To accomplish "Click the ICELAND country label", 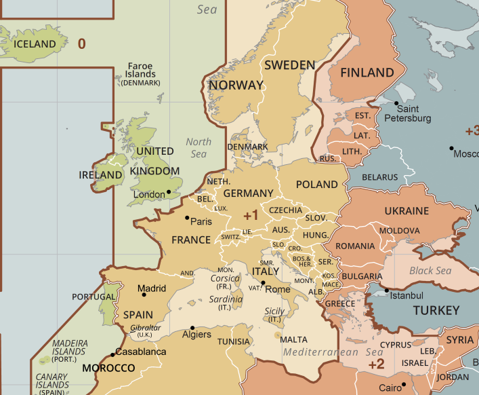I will point(35,44).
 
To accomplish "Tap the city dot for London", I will point(169,192).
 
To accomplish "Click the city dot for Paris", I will point(187,218).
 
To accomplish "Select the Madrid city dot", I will point(143,295).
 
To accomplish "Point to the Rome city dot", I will point(263,282).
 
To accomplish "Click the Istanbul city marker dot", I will point(387,291).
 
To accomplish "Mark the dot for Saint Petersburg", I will point(397,103).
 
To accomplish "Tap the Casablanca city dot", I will point(112,355).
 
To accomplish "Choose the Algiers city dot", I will point(192,328).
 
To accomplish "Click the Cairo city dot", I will point(403,385).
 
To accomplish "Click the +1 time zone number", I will point(251,216).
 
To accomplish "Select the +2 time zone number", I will point(377,364).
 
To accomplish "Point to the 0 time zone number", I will point(82,44).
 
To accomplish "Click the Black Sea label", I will point(430,271).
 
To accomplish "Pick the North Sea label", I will point(199,148).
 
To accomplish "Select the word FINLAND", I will point(367,73).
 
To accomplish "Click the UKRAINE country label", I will point(407,211).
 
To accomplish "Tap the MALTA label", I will point(293,339).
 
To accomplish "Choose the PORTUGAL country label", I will point(93,297).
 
